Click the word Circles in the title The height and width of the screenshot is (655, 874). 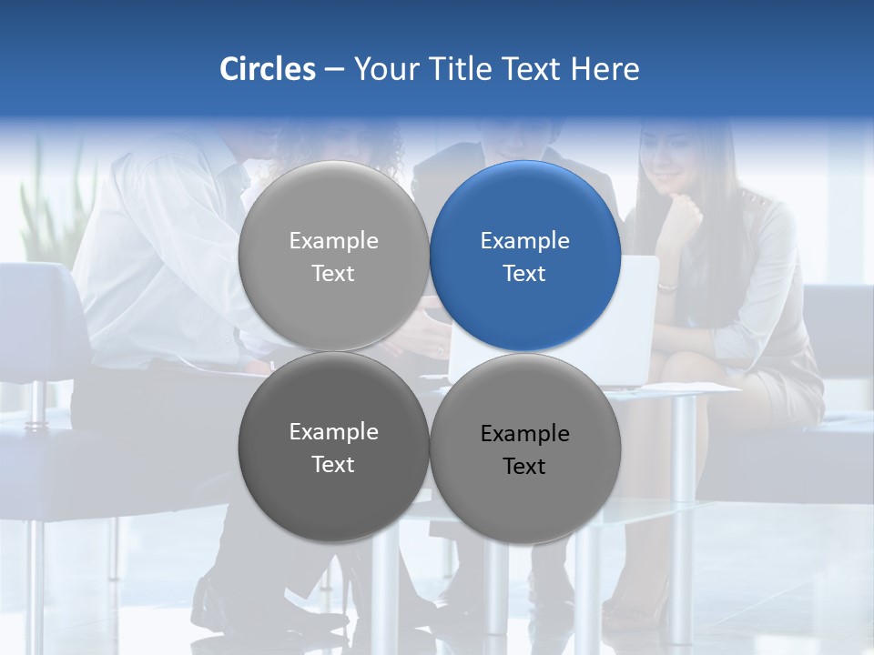pyautogui.click(x=268, y=69)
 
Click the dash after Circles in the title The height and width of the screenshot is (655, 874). pyautogui.click(x=334, y=70)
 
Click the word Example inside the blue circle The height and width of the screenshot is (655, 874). pyautogui.click(x=524, y=241)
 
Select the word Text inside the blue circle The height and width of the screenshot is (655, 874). pyautogui.click(x=524, y=274)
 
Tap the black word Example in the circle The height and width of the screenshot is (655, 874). pyautogui.click(x=524, y=434)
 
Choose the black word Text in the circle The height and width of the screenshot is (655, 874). pyautogui.click(x=524, y=467)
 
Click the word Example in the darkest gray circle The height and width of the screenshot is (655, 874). pyautogui.click(x=333, y=432)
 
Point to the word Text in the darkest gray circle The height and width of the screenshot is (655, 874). pyautogui.click(x=333, y=465)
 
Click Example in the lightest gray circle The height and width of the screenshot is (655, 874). pyautogui.click(x=333, y=241)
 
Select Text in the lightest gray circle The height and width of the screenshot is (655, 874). pyautogui.click(x=333, y=274)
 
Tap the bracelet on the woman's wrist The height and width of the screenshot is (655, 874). pyautogui.click(x=667, y=287)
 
